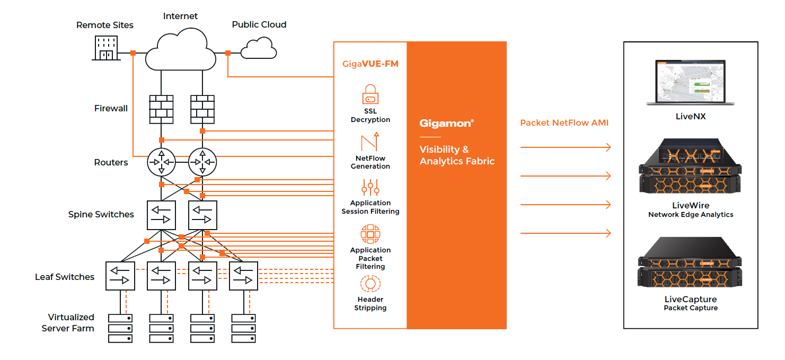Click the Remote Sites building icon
point(106,48)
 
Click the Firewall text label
point(111,108)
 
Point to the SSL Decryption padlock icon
point(370,94)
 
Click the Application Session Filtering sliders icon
point(370,187)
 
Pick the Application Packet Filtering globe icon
point(370,234)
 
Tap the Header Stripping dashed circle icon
point(370,284)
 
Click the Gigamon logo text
point(446,123)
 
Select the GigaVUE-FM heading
point(370,64)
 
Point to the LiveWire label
point(691,205)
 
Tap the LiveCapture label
point(691,300)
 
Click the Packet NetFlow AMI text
point(564,122)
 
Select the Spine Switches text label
point(101,214)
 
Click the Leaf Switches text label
point(65,277)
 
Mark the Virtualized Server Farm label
point(68,322)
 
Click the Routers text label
point(111,162)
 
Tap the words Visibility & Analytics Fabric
point(456,155)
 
